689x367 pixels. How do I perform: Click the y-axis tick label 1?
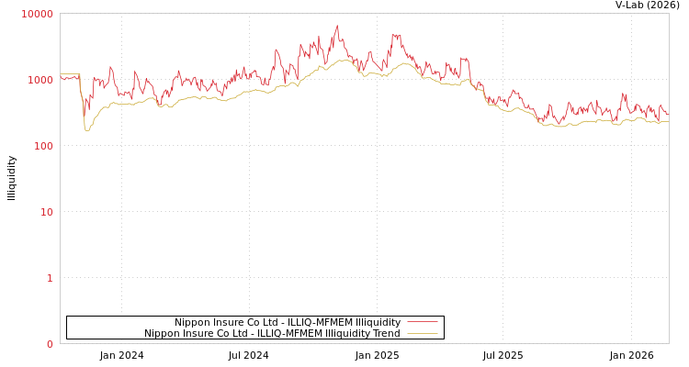50,278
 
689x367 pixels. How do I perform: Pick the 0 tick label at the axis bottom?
50,344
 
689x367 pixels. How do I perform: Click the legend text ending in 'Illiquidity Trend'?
272,333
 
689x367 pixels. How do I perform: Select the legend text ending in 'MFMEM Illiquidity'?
288,322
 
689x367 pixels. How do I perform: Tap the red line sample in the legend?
422,322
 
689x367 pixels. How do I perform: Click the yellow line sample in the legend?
422,333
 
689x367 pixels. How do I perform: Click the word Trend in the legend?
386,333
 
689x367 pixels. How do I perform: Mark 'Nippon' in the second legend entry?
162,333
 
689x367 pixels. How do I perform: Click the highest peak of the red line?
337,26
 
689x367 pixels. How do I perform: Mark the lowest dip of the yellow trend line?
87,130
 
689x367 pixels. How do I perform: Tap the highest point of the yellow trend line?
344,60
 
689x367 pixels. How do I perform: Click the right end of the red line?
668,115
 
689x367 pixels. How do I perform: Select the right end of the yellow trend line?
668,121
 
